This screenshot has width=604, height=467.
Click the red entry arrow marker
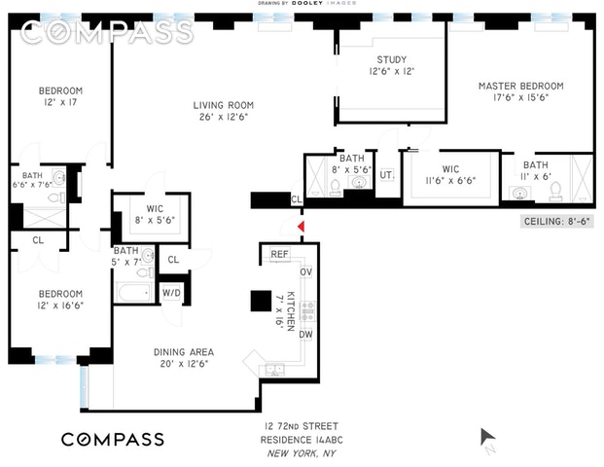coord(301,227)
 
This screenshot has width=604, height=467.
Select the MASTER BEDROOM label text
coord(520,86)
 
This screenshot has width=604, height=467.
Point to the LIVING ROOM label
coord(223,105)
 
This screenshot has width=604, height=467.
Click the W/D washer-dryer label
coord(171,293)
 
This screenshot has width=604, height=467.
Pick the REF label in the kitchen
coord(280,255)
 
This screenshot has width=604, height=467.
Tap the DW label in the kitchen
coord(305,335)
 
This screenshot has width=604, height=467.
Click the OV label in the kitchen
coord(305,272)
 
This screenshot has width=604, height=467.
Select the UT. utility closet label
coord(385,174)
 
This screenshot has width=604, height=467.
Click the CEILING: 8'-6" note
coord(557,222)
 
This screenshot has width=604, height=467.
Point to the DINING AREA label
coord(183,351)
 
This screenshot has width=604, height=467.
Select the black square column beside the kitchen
coord(260,302)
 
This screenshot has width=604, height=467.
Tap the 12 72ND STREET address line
coord(302,428)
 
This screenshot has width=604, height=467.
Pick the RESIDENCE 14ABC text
coord(302,441)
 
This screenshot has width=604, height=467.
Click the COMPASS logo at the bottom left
coord(113,439)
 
